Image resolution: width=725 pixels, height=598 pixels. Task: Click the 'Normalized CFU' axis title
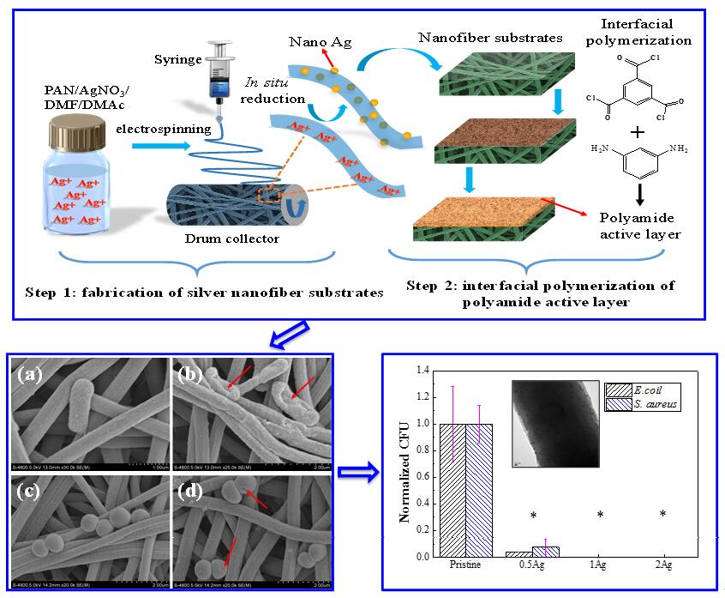click(x=404, y=463)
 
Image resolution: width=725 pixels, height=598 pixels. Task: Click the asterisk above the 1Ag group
click(x=600, y=516)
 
